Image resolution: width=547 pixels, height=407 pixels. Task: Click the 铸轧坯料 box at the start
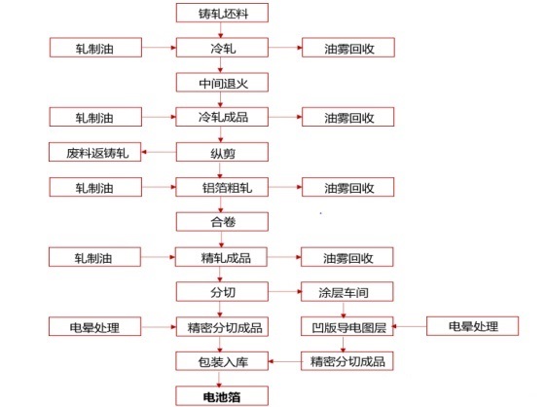coord(222,13)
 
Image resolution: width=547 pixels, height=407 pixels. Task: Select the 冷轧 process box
coord(222,48)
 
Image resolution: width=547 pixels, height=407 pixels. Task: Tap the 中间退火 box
coord(222,83)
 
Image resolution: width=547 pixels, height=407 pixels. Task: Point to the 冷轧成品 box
coord(222,117)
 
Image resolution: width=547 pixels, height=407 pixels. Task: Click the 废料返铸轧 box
coord(94,152)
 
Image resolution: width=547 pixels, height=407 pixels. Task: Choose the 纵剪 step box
coord(222,152)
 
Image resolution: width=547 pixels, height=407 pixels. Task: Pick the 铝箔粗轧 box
coord(222,187)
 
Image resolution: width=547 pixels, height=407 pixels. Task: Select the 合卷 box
coord(222,222)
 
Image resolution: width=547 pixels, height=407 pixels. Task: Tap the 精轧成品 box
coord(222,257)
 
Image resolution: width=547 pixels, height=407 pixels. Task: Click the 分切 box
coord(222,292)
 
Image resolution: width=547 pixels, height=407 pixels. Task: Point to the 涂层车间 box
coord(347,292)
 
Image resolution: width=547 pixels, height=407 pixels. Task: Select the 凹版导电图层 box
coord(347,327)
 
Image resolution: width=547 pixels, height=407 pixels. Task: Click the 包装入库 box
coord(222,361)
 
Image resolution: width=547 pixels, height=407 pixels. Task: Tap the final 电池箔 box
coord(222,396)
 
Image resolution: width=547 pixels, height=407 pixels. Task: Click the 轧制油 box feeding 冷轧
coord(95,48)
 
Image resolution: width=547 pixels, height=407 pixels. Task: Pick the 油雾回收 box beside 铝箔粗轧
coord(348,187)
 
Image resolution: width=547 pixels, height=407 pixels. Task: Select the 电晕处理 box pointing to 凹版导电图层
coord(473,326)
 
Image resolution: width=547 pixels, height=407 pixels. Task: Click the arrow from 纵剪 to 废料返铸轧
coord(159,152)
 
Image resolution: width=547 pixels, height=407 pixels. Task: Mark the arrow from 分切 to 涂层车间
coord(284,291)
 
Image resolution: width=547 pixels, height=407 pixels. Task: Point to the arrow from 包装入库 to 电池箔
coord(219,379)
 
